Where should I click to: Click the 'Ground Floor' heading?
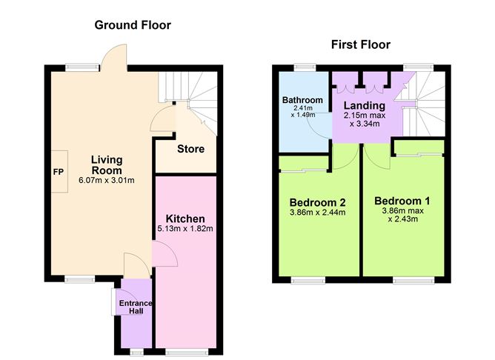pyautogui.click(x=133, y=25)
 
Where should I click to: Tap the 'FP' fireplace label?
pyautogui.click(x=57, y=172)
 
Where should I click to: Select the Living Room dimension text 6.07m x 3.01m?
pyautogui.click(x=107, y=180)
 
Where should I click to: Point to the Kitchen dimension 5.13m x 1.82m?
pyautogui.click(x=185, y=228)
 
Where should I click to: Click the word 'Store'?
pyautogui.click(x=190, y=150)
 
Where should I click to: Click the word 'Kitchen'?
pyautogui.click(x=185, y=219)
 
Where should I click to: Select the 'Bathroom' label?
pyautogui.click(x=302, y=100)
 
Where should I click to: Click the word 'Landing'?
pyautogui.click(x=364, y=106)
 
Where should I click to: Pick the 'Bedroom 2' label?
pyautogui.click(x=318, y=202)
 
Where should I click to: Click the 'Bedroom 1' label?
pyautogui.click(x=402, y=201)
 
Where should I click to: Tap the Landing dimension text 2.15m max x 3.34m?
pyautogui.click(x=362, y=120)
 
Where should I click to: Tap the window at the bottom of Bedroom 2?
pyautogui.click(x=303, y=280)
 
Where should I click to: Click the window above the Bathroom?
pyautogui.click(x=304, y=67)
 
